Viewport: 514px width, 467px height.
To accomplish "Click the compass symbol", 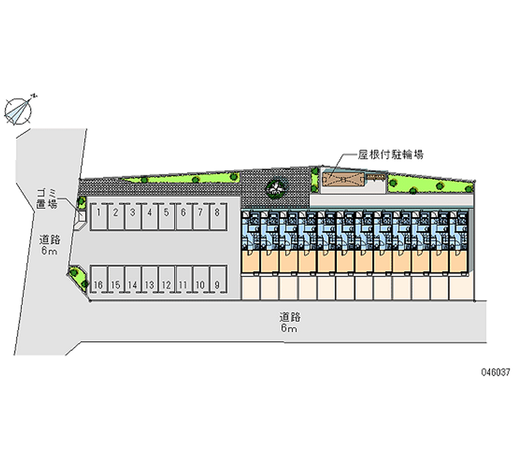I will pyautogui.click(x=19, y=109).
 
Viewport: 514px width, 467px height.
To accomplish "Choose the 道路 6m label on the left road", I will pyautogui.click(x=49, y=245).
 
